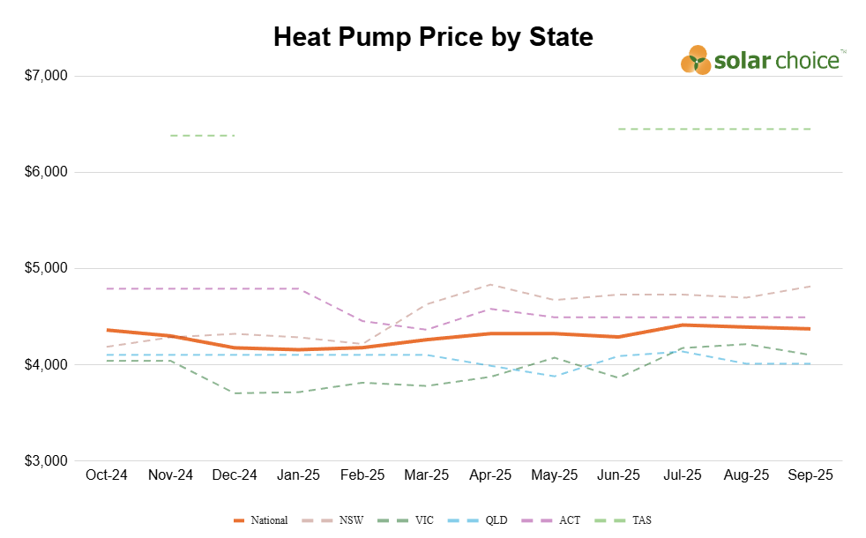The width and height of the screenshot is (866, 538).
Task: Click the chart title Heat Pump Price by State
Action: [433, 38]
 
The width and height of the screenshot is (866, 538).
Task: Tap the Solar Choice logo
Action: [763, 60]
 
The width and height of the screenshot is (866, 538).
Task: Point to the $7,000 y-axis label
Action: [46, 75]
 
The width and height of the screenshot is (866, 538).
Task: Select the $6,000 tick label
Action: [46, 172]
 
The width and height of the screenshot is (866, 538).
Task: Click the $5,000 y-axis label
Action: [46, 268]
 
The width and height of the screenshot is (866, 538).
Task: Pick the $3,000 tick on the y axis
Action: [46, 460]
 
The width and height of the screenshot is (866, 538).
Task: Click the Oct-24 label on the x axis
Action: [107, 475]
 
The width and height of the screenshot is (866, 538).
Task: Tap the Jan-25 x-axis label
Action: [298, 475]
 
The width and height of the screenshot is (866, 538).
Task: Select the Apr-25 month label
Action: [490, 475]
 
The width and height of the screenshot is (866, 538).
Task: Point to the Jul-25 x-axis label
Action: [683, 475]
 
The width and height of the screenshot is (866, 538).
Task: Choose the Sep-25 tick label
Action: [810, 475]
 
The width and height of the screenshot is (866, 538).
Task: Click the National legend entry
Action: [261, 520]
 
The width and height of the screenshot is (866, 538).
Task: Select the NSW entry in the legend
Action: [333, 520]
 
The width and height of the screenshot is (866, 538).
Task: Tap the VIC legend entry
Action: [406, 520]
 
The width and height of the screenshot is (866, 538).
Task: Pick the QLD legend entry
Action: [478, 520]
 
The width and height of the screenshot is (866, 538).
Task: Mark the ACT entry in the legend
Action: [551, 520]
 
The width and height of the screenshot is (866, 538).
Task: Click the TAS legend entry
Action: [623, 520]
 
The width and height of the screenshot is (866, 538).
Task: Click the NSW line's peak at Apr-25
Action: [490, 285]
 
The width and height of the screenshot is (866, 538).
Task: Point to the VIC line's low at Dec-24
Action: [235, 393]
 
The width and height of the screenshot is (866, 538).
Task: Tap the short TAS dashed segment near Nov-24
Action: [203, 135]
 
